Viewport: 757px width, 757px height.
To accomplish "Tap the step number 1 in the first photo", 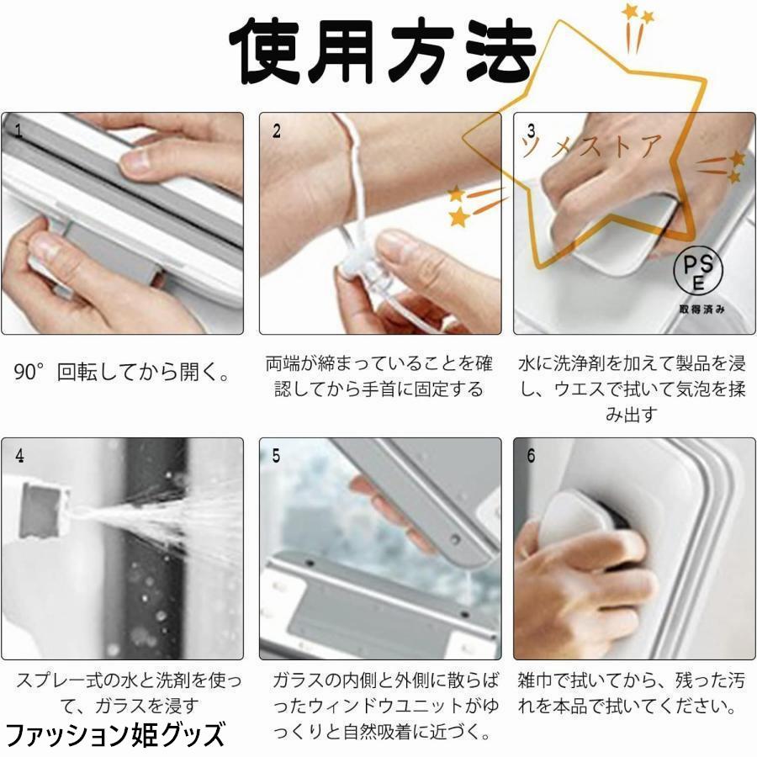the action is tap(19, 130).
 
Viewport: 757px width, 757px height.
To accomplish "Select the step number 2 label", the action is tap(277, 130).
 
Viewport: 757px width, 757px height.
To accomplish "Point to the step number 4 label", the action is tap(20, 455).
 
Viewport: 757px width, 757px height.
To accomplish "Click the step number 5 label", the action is tap(276, 455).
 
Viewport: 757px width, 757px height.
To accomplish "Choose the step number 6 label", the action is tap(531, 455).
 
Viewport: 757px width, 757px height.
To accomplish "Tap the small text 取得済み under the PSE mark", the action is tap(702, 309).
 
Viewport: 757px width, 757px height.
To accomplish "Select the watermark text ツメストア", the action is tap(591, 146).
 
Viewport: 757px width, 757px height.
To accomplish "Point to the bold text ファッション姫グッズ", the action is tap(115, 734).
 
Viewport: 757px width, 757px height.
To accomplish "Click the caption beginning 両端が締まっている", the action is tap(379, 377).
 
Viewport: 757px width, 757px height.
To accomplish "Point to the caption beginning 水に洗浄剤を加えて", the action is tap(632, 389).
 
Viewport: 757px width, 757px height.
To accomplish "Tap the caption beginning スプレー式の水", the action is tap(129, 693).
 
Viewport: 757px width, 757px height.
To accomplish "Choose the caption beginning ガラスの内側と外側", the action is tap(385, 707).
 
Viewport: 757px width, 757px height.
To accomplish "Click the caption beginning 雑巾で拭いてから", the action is tap(631, 693).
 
